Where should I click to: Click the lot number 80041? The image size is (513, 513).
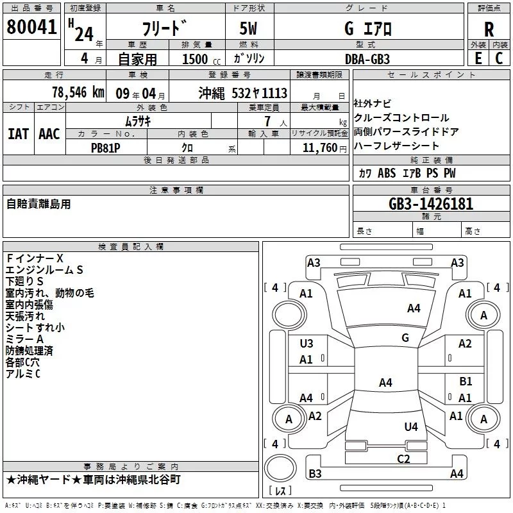pos(31,28)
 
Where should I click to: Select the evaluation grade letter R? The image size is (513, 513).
pos(489,29)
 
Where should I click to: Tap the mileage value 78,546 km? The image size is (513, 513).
pos(78,92)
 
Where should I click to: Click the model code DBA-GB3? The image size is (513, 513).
pos(367,58)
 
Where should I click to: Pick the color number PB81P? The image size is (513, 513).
pos(106,146)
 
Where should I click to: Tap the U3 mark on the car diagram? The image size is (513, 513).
pos(307,344)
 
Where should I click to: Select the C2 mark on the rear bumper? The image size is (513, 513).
pos(403,458)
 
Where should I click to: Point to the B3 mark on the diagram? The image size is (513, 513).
pos(315,474)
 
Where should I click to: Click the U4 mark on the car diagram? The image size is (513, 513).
pos(411,426)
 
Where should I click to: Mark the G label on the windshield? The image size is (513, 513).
pos(405,338)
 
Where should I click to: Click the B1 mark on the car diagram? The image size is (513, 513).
pos(466,382)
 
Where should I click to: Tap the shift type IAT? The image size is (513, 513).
pos(18,133)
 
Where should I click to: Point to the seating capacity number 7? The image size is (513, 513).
pos(266,121)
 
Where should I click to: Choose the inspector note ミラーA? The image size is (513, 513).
pos(24,339)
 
